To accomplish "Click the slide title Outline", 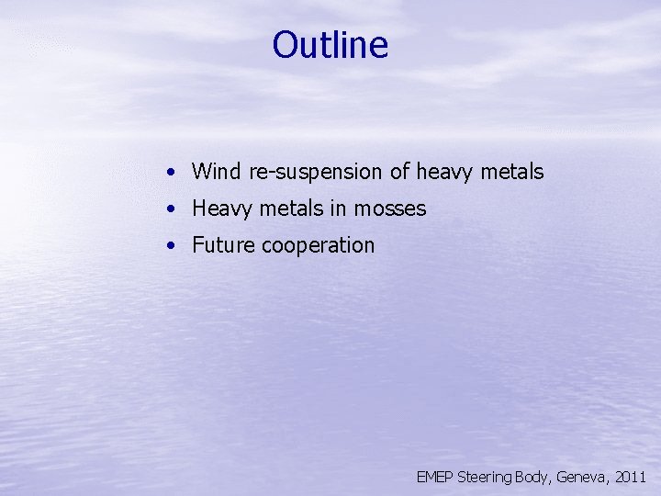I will [x=330, y=45].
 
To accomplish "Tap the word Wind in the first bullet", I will [x=216, y=172].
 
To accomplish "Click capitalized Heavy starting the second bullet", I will [x=221, y=209].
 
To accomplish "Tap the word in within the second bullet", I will [x=339, y=209].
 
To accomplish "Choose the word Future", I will [x=224, y=245].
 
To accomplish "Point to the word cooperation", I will [x=319, y=246].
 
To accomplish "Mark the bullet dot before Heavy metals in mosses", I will [x=172, y=209].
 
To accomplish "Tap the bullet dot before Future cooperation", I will [x=172, y=246].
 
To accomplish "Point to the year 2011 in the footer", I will [x=632, y=478].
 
